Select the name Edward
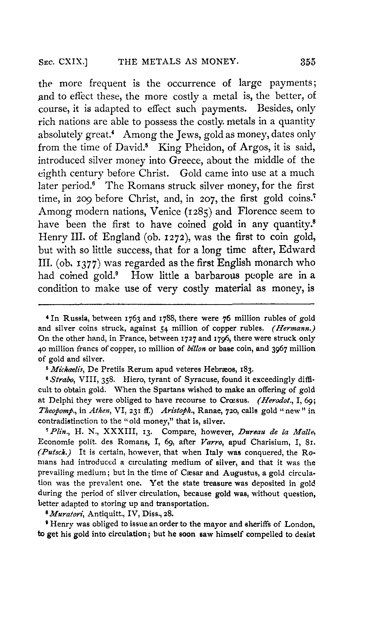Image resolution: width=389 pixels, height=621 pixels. (297, 250)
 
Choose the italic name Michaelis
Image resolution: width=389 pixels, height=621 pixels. (68, 370)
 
